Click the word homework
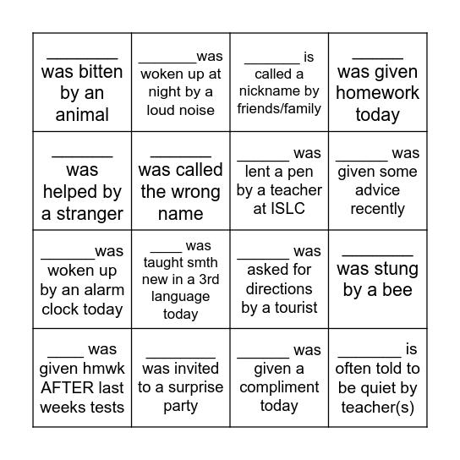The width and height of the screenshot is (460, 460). tap(377, 93)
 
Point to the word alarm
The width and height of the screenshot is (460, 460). tap(103, 289)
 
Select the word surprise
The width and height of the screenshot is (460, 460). tap(199, 387)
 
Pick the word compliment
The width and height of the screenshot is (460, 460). tap(280, 387)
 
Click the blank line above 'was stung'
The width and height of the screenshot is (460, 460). tap(377, 253)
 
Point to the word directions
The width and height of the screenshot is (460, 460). tap(279, 289)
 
